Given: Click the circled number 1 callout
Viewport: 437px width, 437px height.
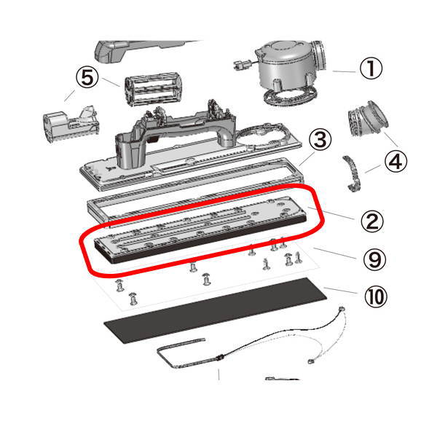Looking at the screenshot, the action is (371, 68).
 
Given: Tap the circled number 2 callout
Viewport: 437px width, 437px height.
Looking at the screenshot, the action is (372, 221).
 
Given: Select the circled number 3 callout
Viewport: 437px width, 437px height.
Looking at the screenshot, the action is (320, 140).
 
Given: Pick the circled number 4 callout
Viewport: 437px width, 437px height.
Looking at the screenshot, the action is (395, 162).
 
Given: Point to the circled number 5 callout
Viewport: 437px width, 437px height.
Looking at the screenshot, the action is (87, 77).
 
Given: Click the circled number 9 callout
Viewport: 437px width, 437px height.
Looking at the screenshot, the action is (375, 259).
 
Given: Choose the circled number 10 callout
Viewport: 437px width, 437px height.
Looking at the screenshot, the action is (376, 296).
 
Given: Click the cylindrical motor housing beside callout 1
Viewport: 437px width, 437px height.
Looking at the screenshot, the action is (290, 66).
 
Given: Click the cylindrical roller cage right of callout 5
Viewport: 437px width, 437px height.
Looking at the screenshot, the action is (153, 89).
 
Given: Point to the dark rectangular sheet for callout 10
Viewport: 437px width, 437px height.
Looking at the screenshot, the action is (215, 311).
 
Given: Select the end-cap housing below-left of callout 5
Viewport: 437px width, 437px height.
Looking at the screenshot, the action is (71, 124).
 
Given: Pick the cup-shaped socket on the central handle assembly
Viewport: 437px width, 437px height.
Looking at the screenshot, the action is (130, 151).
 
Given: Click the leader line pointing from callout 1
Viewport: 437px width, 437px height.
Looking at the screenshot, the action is (344, 71).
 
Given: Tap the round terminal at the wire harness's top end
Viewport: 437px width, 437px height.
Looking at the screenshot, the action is (342, 309).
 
